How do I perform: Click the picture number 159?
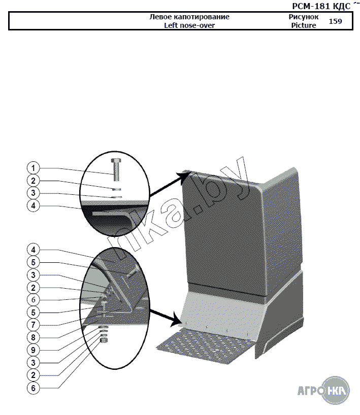tap(336, 21)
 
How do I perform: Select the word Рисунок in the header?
tap(304, 17)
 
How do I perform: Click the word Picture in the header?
tap(304, 25)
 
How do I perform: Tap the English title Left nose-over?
tap(189, 25)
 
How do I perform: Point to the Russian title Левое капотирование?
tap(189, 17)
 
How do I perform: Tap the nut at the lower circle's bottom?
tap(104, 341)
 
